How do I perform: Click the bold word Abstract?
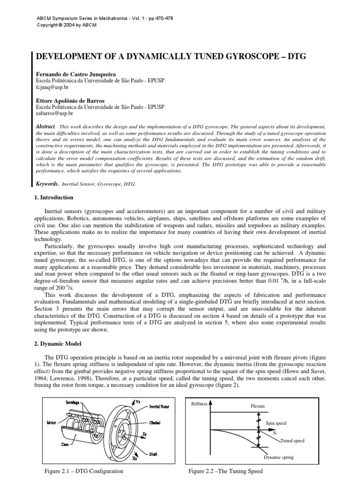[45, 127]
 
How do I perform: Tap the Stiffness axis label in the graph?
[199, 404]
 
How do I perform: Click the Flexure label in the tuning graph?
[258, 406]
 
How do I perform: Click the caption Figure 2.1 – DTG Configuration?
[82, 471]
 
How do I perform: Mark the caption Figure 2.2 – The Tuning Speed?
[225, 471]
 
